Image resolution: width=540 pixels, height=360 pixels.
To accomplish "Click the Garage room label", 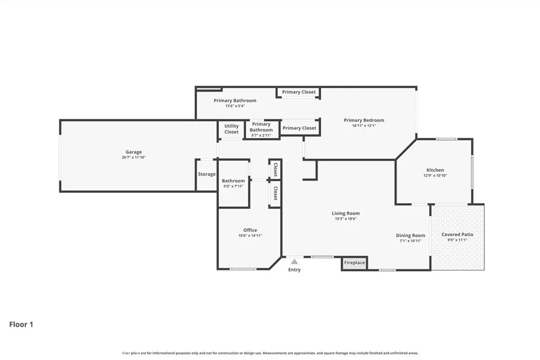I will click(133, 152).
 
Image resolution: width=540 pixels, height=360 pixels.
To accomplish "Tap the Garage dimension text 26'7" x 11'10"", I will click(133, 158).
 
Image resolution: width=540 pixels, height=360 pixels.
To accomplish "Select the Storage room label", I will click(207, 174).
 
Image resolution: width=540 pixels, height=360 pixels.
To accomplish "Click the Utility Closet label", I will click(232, 129).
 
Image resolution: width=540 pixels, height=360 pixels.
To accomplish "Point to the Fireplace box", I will click(354, 262).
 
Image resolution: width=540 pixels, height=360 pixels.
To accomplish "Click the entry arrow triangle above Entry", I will click(294, 261).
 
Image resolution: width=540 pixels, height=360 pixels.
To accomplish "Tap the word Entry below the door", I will click(294, 270).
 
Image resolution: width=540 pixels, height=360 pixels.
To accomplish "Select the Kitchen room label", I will click(435, 170).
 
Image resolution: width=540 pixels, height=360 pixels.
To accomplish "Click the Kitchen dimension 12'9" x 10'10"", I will click(435, 176).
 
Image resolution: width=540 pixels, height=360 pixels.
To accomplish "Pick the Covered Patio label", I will click(457, 235).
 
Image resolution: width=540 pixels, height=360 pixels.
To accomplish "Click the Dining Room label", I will click(410, 236).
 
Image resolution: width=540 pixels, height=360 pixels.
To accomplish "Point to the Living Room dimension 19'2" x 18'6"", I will click(345, 219).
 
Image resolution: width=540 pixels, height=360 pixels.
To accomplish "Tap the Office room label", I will click(250, 230).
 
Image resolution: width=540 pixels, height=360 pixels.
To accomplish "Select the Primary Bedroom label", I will click(364, 120).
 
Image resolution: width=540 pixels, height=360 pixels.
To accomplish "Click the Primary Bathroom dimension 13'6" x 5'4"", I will click(235, 106).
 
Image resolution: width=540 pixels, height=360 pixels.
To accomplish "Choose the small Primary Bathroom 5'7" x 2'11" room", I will click(262, 130).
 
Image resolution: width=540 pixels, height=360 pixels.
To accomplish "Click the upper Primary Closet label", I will click(298, 92).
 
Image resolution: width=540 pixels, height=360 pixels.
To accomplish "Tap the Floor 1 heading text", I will click(21, 325).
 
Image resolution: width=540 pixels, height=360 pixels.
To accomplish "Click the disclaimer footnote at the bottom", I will click(270, 353).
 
